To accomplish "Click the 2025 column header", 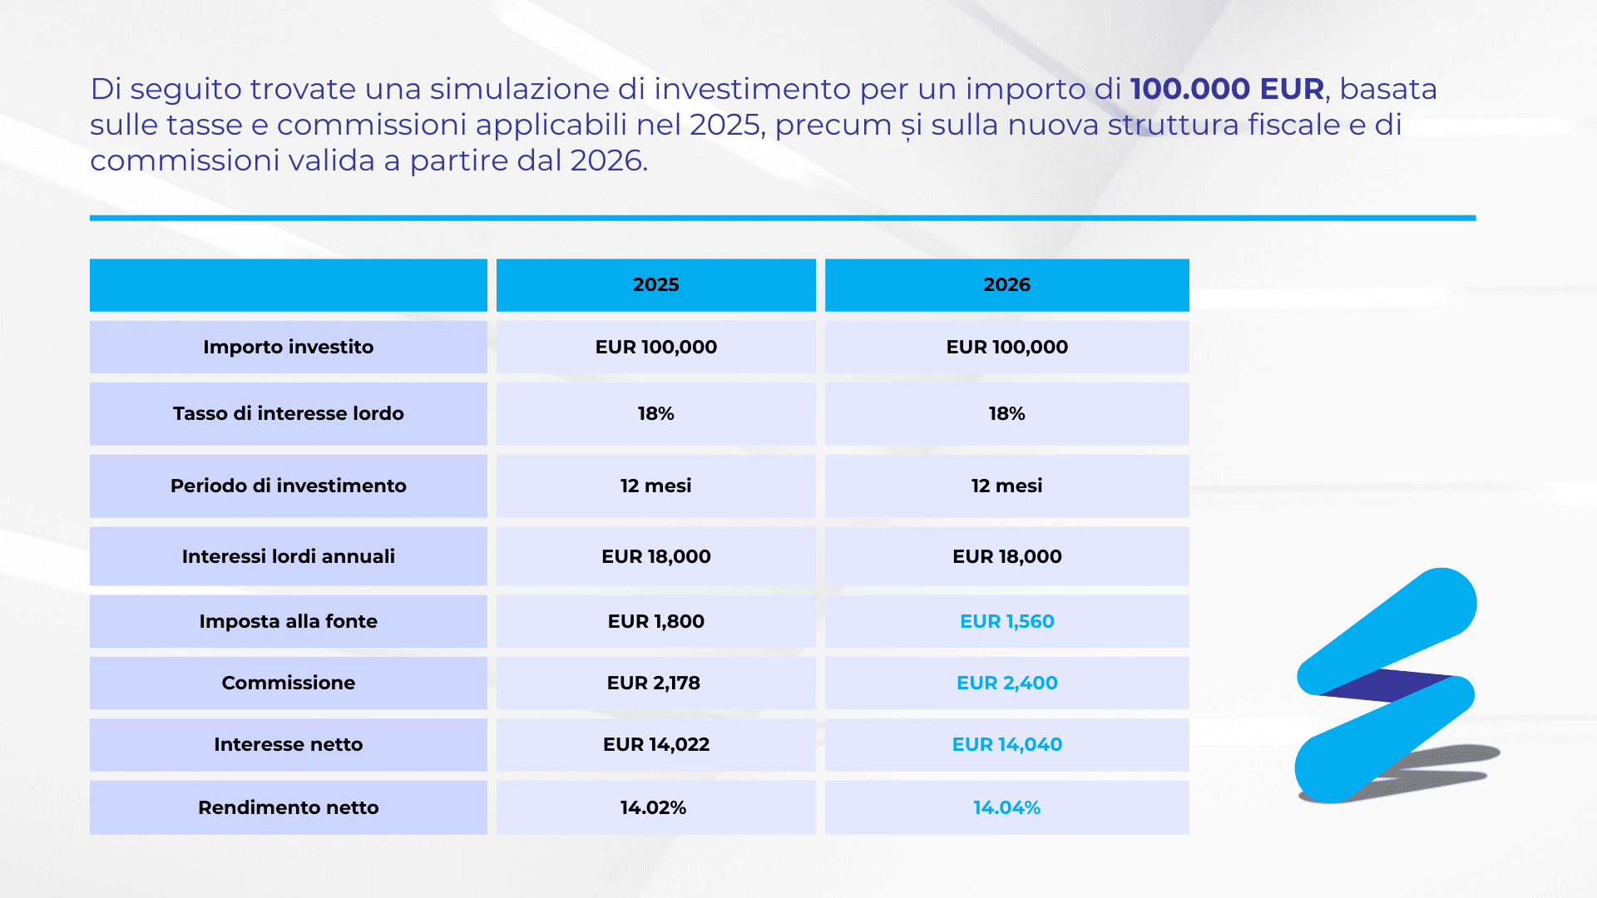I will (x=655, y=284).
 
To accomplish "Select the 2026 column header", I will (x=1006, y=284).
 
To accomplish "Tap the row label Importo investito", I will (x=288, y=347).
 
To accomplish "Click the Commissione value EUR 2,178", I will (x=654, y=683).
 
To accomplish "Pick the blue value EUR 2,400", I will (x=1006, y=683).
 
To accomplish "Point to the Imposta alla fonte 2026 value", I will (x=1006, y=621).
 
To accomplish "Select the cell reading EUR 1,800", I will (x=655, y=621).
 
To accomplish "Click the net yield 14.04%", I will (x=1006, y=807).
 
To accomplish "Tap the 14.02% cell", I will (x=653, y=807).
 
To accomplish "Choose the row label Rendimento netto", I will (x=288, y=807).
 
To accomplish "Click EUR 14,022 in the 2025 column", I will (x=655, y=744).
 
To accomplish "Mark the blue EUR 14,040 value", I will (x=1006, y=744).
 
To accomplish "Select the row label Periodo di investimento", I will (x=288, y=486).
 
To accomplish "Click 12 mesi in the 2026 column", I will (x=1006, y=486).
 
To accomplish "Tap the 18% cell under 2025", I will (x=655, y=413).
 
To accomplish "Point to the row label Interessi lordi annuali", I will (x=288, y=556).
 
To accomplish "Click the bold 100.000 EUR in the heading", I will (x=1227, y=89).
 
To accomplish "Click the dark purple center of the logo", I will (x=1385, y=684).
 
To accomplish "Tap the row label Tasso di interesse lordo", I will (x=288, y=413).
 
